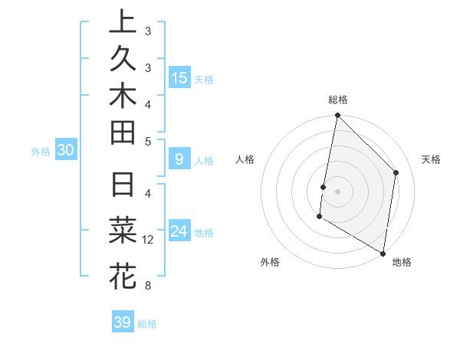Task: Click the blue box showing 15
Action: click(179, 78)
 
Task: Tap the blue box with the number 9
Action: click(179, 160)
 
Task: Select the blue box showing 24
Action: click(179, 231)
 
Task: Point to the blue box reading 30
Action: click(65, 151)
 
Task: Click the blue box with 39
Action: click(122, 322)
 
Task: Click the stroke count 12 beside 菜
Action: click(148, 240)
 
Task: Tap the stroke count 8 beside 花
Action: click(148, 286)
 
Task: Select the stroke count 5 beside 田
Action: click(148, 141)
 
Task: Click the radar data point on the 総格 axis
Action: click(337, 116)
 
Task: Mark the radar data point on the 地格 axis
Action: click(383, 253)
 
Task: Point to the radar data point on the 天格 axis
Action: click(396, 172)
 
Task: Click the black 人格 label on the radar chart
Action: click(245, 159)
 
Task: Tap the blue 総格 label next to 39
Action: click(147, 324)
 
